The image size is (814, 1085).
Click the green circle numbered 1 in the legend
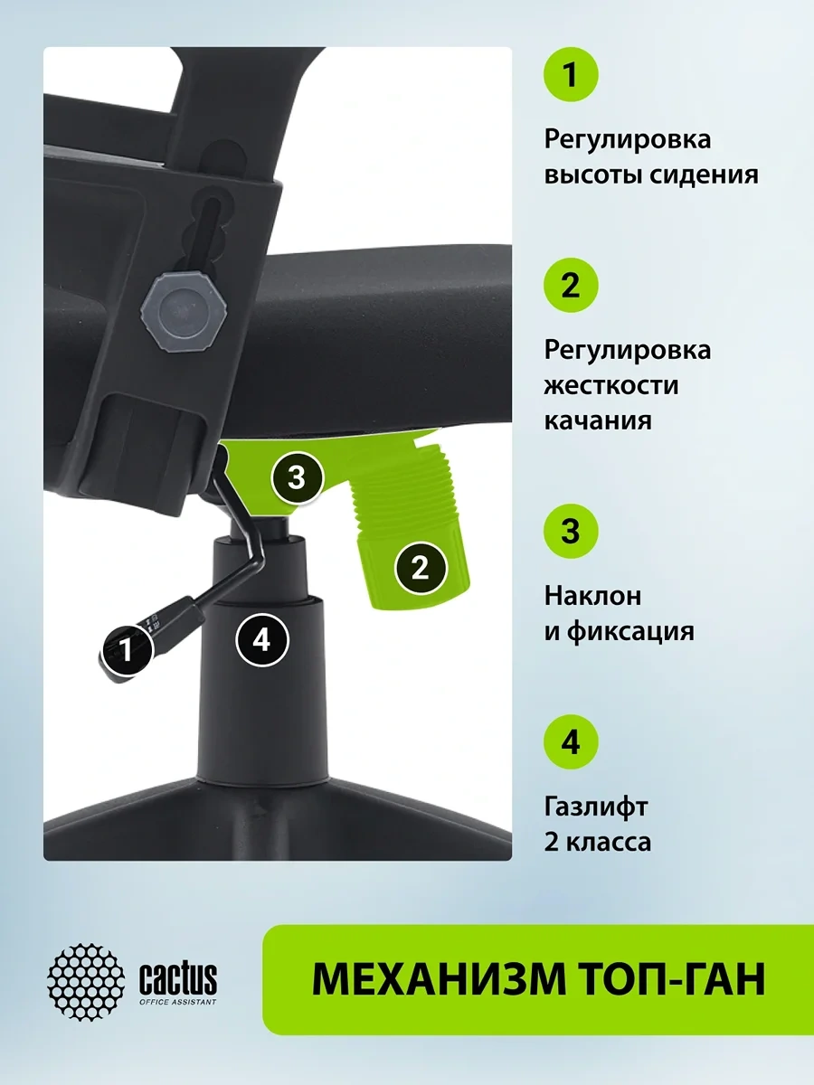click(x=571, y=75)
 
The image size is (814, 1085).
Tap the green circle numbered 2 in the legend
click(x=571, y=285)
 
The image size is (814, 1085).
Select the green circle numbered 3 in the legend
click(x=571, y=532)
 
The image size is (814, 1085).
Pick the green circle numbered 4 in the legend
click(x=571, y=742)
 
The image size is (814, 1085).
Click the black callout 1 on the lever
click(x=128, y=649)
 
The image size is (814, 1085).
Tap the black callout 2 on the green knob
click(x=420, y=569)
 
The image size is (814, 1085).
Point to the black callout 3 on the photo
click(x=297, y=478)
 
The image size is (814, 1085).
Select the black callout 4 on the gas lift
click(x=261, y=641)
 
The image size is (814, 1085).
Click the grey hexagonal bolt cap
click(x=184, y=309)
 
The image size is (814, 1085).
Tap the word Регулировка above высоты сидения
click(x=627, y=140)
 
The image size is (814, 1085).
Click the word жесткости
click(x=611, y=385)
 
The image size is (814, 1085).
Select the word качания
click(x=598, y=421)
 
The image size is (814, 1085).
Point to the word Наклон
click(x=592, y=596)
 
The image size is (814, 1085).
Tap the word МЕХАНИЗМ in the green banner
click(x=438, y=979)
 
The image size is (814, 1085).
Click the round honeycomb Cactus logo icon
click(x=86, y=981)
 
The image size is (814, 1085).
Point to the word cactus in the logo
click(x=178, y=978)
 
